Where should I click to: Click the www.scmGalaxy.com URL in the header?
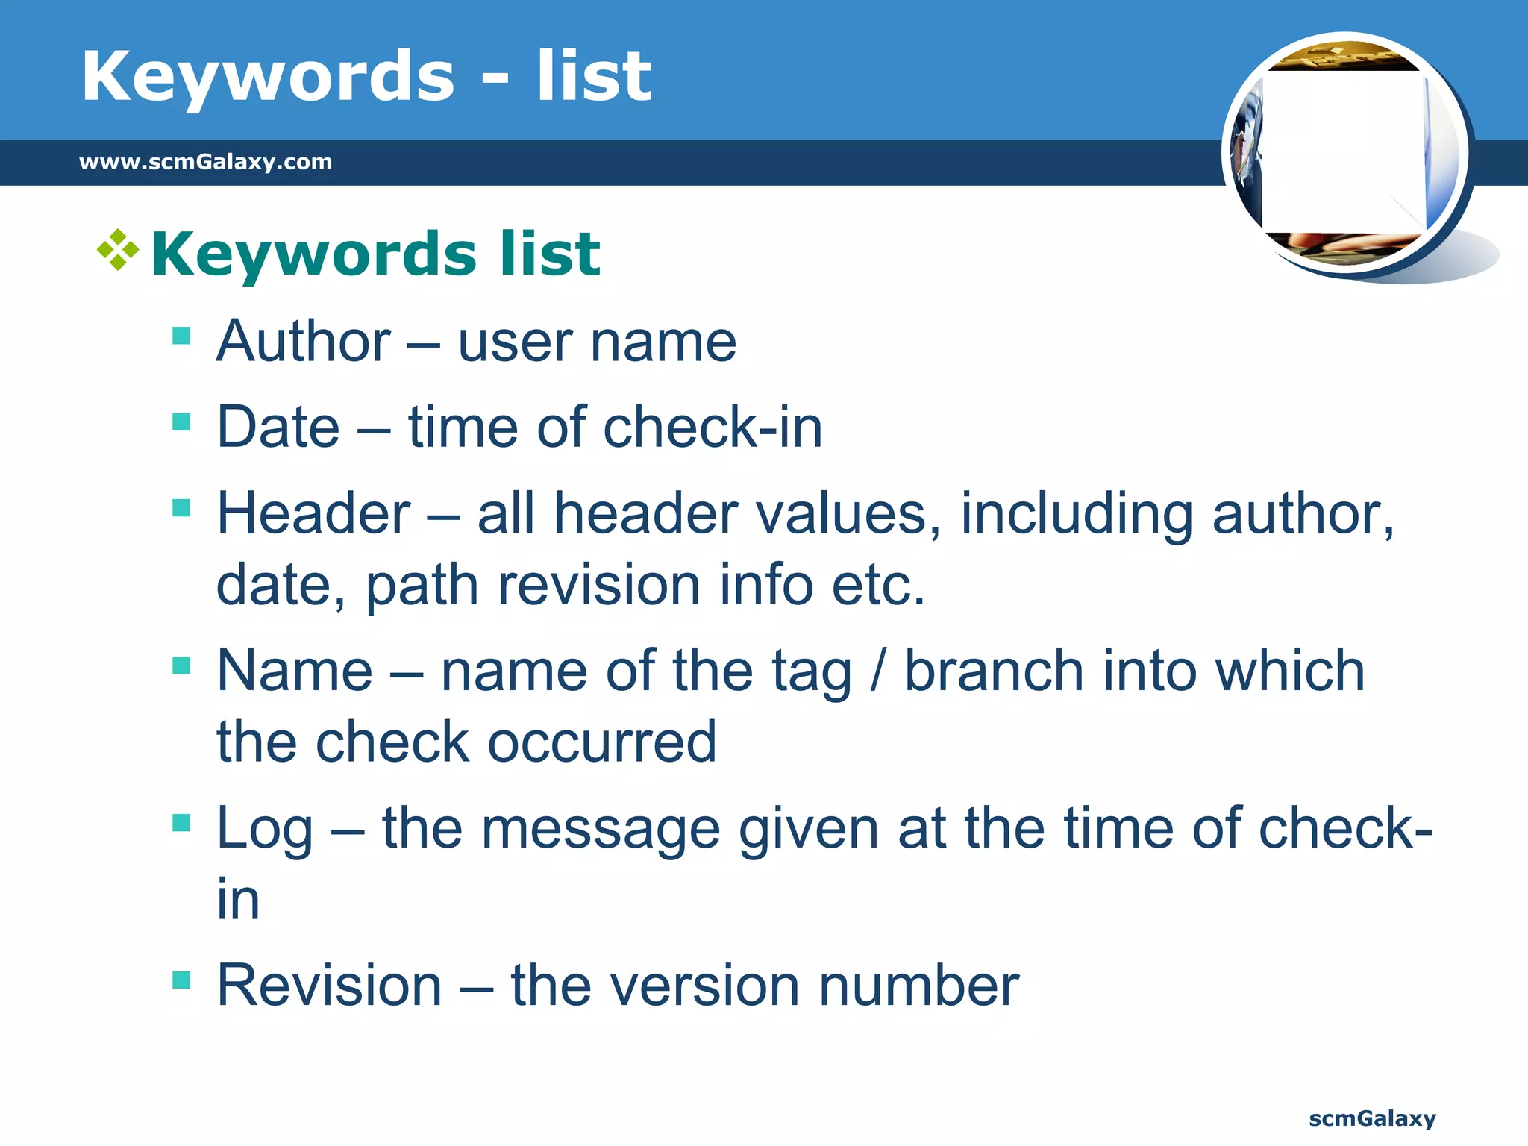(x=205, y=162)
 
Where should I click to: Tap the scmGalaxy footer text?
(x=1372, y=1118)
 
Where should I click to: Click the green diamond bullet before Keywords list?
(x=118, y=250)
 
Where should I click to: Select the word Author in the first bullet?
(x=303, y=342)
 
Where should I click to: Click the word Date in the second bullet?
(x=278, y=427)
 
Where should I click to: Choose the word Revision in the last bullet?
(x=329, y=986)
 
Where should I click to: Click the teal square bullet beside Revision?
(x=181, y=979)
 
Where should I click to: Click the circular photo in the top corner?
(x=1345, y=154)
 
